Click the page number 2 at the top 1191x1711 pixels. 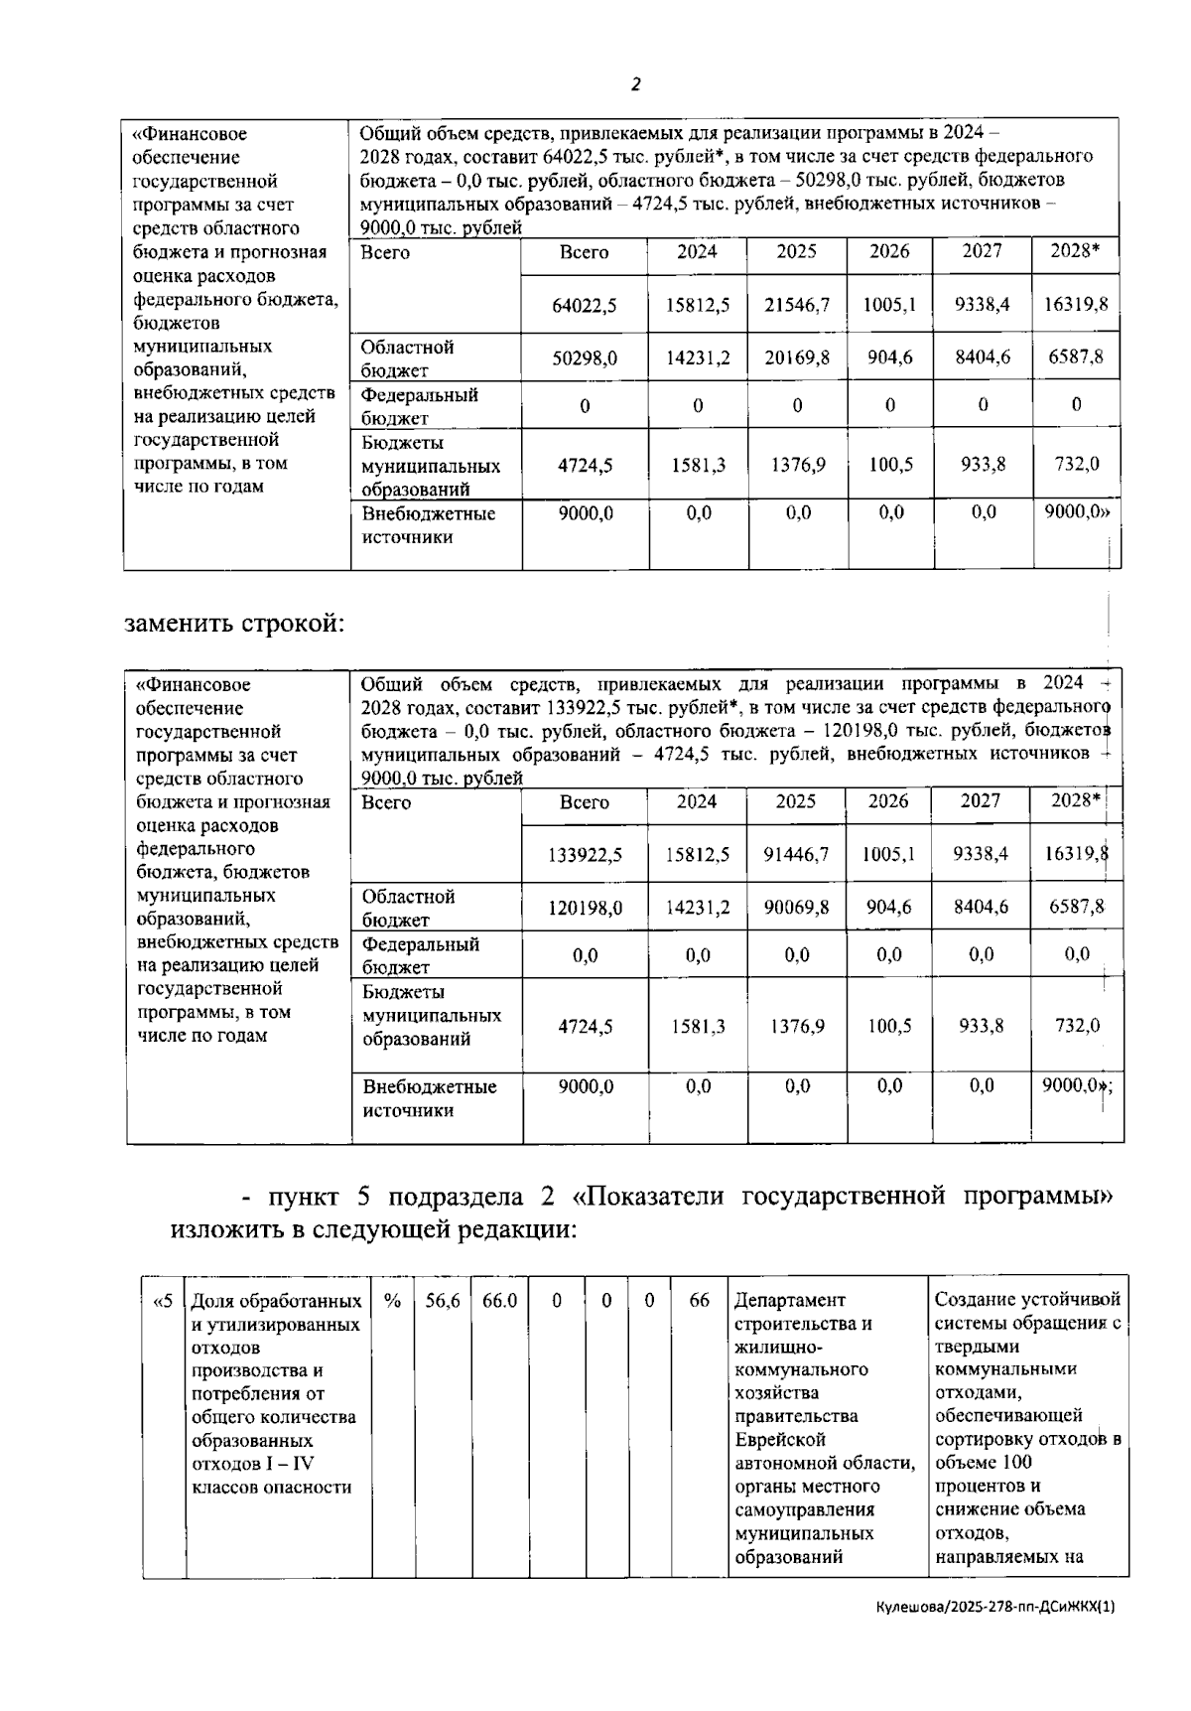(635, 84)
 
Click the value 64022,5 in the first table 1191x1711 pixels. (585, 306)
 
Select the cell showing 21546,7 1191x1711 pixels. (797, 306)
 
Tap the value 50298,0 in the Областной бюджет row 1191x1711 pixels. (585, 357)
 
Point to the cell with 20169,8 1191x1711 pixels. (797, 357)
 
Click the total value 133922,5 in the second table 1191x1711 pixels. (586, 854)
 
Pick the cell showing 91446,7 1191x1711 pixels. (796, 854)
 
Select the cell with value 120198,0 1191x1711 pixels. (586, 907)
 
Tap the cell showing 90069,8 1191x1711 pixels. (796, 907)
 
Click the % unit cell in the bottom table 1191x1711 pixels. (392, 1301)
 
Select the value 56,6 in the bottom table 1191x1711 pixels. (443, 1301)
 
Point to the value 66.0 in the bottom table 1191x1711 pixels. (499, 1301)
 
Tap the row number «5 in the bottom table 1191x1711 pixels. (164, 1301)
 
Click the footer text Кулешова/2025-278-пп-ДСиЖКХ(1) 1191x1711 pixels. (995, 1606)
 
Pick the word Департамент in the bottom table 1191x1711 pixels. (790, 1300)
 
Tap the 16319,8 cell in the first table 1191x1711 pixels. (1076, 306)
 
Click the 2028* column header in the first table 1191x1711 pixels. (1076, 252)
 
